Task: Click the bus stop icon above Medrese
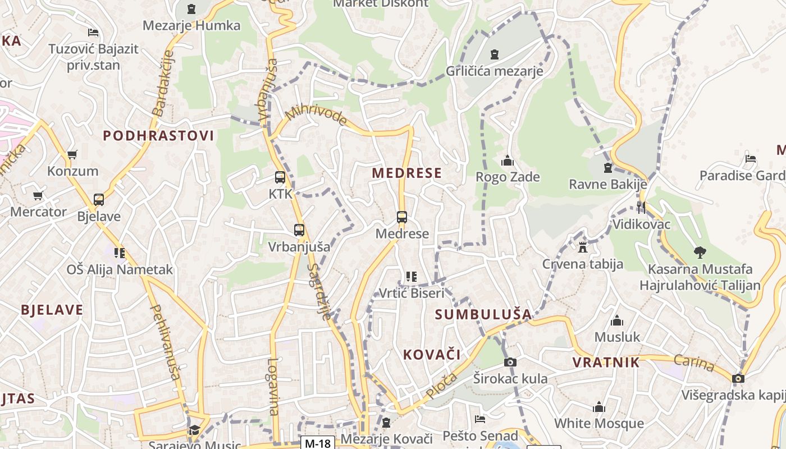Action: pos(402,217)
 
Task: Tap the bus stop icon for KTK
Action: pos(280,177)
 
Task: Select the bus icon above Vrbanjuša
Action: pos(299,230)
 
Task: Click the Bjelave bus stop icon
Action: pos(99,199)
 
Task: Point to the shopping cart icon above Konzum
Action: pos(72,154)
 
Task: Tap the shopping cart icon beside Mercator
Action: pos(38,196)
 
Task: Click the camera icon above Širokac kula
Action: pos(510,362)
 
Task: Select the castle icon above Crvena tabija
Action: pos(583,247)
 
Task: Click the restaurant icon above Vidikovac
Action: pos(641,207)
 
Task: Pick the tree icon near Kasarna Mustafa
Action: pos(700,253)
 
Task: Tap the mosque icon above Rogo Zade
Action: pos(508,161)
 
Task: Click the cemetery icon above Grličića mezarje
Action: pos(494,54)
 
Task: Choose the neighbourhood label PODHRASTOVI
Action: pos(158,135)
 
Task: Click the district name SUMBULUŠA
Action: pos(483,314)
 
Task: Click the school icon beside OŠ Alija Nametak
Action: pos(120,253)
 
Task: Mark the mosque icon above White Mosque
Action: pos(599,407)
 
